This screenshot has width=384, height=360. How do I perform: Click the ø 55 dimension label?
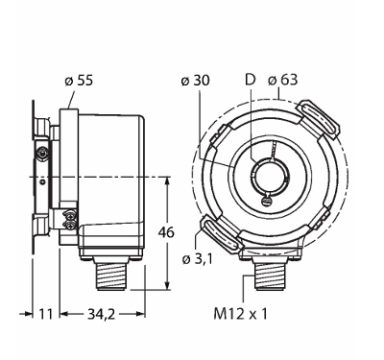click(79, 81)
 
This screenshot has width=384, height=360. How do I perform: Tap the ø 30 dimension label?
click(195, 81)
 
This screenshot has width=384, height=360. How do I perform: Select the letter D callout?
click(251, 80)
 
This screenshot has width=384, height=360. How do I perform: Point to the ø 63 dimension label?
click(282, 80)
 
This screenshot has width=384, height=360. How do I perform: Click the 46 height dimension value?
click(166, 232)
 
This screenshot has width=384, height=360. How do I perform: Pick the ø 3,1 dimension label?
click(198, 259)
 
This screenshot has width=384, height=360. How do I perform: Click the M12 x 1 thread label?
click(240, 314)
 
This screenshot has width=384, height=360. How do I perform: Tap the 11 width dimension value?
click(46, 314)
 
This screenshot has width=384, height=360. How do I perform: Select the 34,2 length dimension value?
click(101, 315)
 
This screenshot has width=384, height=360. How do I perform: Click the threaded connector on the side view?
click(110, 276)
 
